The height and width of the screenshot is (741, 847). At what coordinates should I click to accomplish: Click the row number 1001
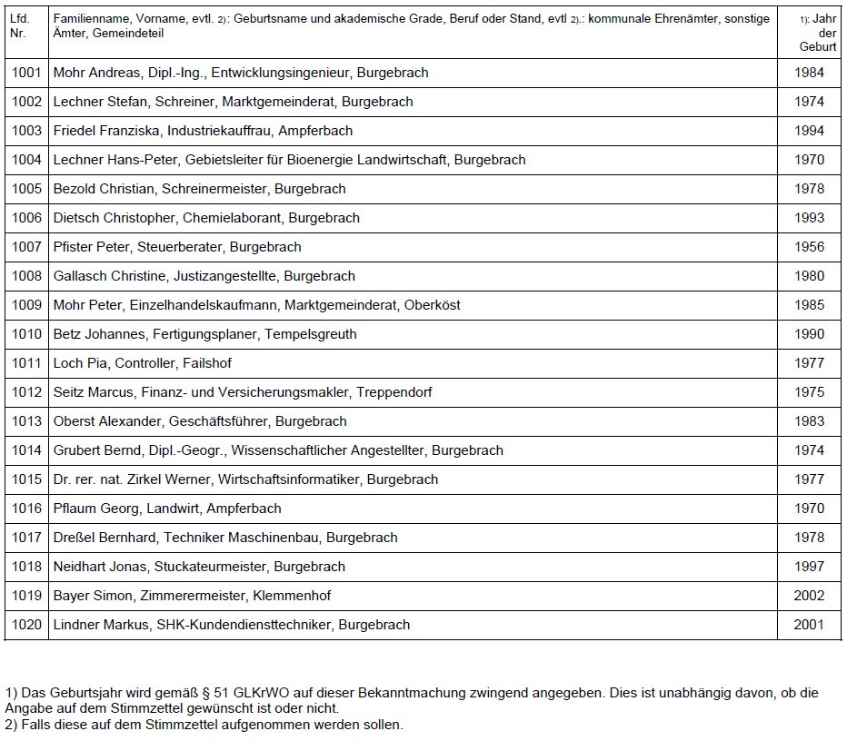tap(26, 73)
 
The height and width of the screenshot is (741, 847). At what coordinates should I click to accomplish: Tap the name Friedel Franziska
tap(107, 131)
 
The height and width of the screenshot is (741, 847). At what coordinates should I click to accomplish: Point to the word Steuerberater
tap(179, 247)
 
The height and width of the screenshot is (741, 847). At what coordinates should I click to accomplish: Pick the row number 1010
tap(26, 334)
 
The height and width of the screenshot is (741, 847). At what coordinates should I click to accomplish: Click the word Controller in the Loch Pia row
tap(143, 363)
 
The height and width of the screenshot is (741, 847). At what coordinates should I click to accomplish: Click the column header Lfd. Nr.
tap(21, 25)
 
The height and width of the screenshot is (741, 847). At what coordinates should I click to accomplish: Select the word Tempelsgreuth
tap(311, 334)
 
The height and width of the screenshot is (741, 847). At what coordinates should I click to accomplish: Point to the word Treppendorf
tap(394, 392)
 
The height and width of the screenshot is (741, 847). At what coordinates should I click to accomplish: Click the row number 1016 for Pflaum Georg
tap(26, 509)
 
